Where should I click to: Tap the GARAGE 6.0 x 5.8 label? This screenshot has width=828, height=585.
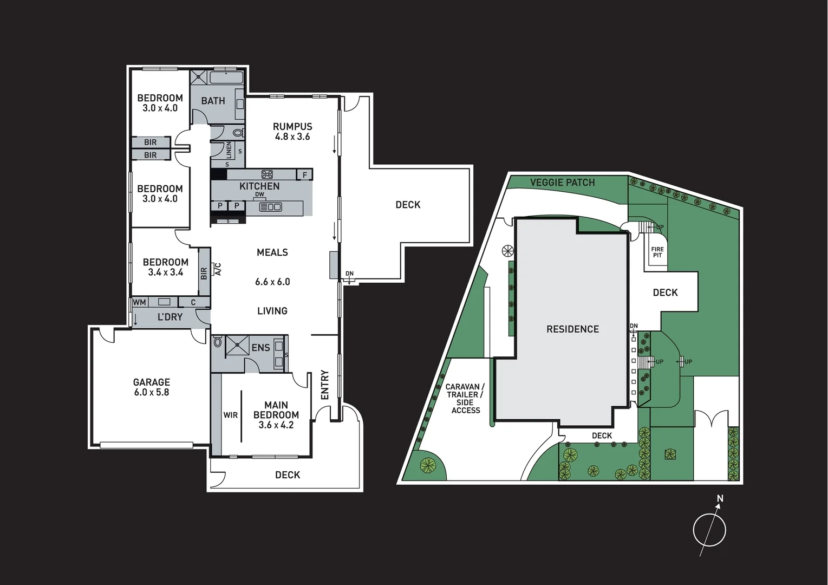[152, 387]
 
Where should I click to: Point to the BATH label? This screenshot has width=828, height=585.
[213, 101]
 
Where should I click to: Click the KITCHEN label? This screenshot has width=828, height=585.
[259, 186]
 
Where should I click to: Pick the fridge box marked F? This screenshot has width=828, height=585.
[305, 174]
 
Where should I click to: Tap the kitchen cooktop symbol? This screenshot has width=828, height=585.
[267, 174]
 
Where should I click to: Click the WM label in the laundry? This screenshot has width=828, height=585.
[139, 302]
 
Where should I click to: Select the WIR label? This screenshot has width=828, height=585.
[231, 415]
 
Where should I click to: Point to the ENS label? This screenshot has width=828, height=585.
[260, 348]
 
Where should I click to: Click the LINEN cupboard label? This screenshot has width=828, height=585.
[229, 149]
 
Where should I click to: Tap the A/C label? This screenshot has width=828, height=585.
[218, 269]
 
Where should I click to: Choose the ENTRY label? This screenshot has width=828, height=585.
[325, 385]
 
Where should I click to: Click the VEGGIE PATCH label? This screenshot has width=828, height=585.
[562, 183]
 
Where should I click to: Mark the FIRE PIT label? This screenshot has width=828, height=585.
[657, 252]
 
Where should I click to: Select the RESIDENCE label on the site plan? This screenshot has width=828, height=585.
[572, 329]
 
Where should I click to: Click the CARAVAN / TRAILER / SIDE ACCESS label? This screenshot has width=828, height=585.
[465, 399]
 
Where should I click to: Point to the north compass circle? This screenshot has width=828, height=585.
[709, 529]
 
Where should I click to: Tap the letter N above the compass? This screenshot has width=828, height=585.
[720, 498]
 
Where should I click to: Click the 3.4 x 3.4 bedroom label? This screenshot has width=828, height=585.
[166, 268]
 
